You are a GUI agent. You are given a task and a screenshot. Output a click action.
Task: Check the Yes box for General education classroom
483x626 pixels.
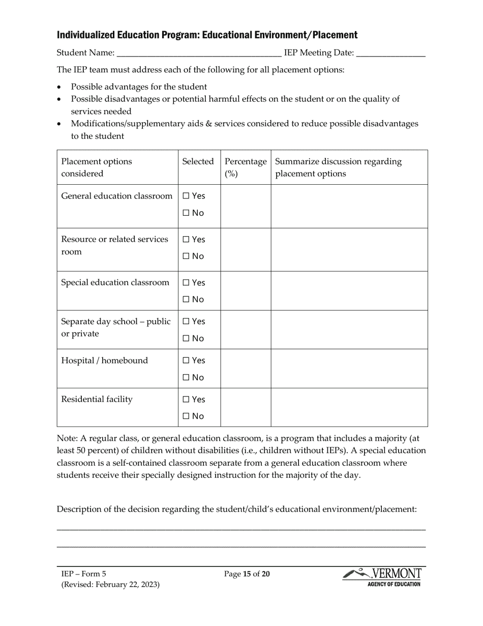[x=186, y=196]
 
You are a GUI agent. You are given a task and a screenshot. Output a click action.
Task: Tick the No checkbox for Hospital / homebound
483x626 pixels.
[x=186, y=378]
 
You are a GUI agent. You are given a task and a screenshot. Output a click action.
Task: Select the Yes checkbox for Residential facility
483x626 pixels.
[x=186, y=400]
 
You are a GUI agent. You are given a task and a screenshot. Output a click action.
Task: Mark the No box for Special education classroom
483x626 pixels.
[x=186, y=300]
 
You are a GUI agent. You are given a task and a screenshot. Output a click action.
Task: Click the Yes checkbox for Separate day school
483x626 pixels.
[x=186, y=322]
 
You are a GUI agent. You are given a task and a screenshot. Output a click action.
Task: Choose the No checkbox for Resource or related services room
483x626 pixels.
[x=186, y=257]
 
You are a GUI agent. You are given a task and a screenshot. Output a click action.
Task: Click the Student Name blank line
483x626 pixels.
[x=199, y=53]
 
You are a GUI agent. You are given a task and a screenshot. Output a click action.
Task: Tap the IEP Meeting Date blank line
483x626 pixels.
[x=391, y=53]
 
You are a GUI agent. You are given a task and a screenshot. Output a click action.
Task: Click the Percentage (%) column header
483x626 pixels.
[x=245, y=167]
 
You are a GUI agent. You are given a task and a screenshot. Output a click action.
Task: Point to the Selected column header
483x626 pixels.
[x=198, y=162]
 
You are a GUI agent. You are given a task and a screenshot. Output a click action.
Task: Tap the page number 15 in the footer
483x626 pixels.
[x=248, y=574]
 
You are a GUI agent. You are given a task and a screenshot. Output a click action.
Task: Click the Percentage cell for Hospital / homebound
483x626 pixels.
[x=246, y=368]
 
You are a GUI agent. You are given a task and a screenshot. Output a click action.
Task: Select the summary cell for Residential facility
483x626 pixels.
[x=349, y=407]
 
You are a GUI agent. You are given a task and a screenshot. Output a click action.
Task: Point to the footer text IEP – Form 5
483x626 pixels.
[x=84, y=574]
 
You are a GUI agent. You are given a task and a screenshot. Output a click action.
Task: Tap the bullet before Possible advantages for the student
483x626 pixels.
[x=60, y=87]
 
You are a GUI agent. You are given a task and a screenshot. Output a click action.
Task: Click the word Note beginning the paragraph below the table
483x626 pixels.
[x=66, y=438]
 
